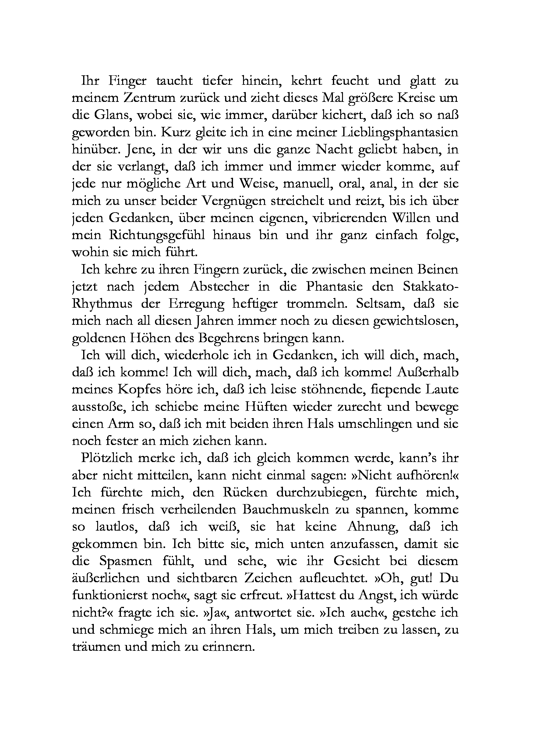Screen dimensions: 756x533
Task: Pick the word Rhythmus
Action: pyautogui.click(x=102, y=303)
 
